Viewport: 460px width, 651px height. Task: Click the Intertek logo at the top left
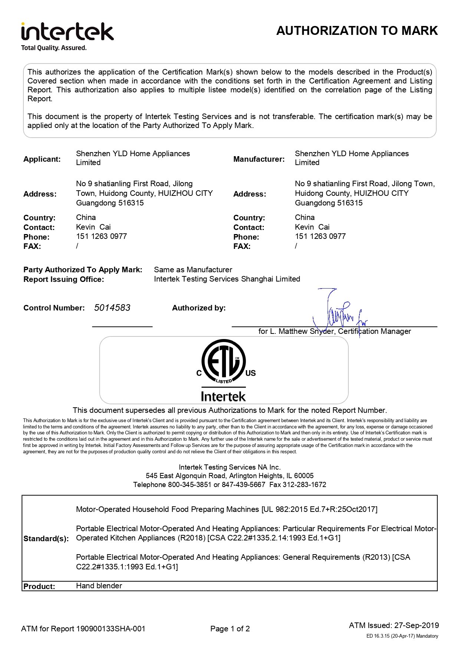tap(67, 32)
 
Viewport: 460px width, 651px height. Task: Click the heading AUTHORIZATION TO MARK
tap(357, 30)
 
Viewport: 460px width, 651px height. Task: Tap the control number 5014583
tap(112, 308)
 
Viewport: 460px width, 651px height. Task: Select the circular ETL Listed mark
tap(223, 361)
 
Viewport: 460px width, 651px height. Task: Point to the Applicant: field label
tap(42, 159)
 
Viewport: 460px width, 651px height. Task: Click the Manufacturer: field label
tap(259, 159)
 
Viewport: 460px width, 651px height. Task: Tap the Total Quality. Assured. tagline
tap(54, 48)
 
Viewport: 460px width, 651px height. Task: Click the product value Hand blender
tap(99, 586)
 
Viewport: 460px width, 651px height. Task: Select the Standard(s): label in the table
tap(46, 539)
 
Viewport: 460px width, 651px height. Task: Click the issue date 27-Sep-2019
tap(416, 625)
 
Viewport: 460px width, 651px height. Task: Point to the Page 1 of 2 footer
tap(230, 629)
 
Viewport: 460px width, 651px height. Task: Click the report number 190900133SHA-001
tap(111, 629)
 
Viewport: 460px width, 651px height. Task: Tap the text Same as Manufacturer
tap(193, 270)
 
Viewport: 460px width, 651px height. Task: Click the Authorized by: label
tap(199, 308)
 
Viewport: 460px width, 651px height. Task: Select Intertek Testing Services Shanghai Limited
tap(227, 279)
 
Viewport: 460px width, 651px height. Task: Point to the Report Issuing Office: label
tap(63, 279)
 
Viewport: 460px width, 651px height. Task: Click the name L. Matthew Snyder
tap(302, 331)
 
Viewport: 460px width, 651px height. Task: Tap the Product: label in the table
tap(39, 586)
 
